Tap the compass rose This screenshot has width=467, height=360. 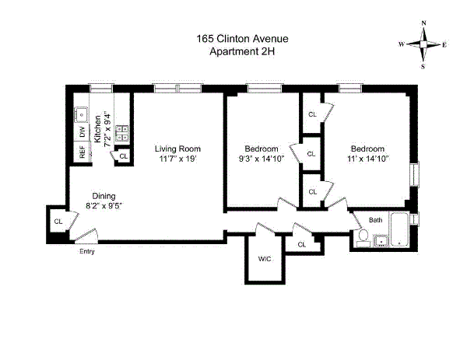point(424,44)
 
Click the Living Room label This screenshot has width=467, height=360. point(177,149)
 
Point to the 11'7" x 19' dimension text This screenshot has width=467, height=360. point(177,160)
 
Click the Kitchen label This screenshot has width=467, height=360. point(98,128)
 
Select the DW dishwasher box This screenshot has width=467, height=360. point(82,132)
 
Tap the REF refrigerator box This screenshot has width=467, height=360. point(82,152)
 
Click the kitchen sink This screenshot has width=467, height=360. point(81,114)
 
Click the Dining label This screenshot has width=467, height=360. point(104,196)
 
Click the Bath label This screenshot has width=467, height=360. point(376,220)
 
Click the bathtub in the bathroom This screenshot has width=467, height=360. point(398,229)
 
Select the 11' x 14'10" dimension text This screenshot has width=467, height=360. point(367,159)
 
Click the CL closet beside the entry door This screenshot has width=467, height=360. point(58,222)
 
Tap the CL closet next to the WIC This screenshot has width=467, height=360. point(302,245)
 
